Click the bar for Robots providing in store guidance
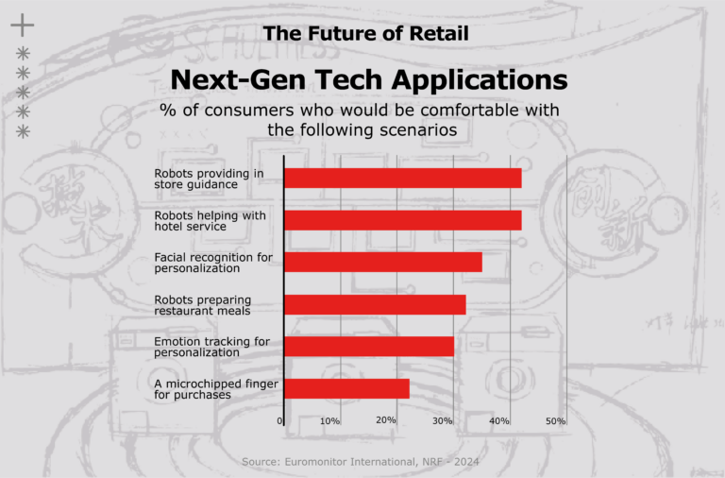point(402,178)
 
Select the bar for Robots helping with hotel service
point(402,220)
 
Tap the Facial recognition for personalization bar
point(382,262)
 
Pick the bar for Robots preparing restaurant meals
point(375,304)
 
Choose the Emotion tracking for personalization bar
point(369,346)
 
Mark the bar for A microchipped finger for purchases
point(346,388)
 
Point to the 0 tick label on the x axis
point(280,420)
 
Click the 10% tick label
point(330,420)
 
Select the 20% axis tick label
point(385,419)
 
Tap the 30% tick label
point(443,420)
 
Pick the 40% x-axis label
point(499,420)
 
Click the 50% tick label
point(555,420)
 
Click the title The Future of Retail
point(366,33)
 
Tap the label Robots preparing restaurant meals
point(203,304)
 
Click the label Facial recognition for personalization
point(213,262)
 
